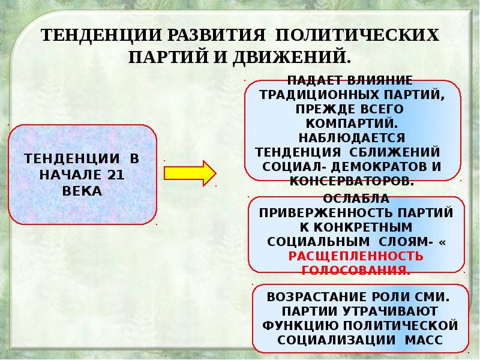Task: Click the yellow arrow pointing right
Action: click(x=189, y=173)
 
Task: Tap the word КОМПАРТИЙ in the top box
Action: click(x=351, y=122)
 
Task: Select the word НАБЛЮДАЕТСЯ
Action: click(x=351, y=137)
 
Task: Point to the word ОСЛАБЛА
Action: click(x=356, y=199)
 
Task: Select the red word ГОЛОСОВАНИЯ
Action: click(x=356, y=270)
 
